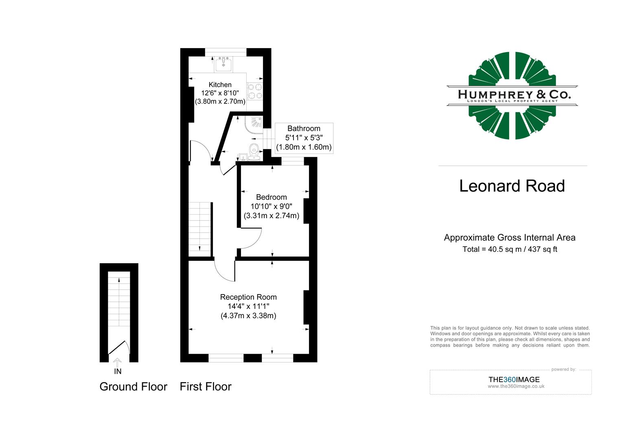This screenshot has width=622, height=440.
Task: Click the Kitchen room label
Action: point(220,85)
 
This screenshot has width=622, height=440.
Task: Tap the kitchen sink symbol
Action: point(223,64)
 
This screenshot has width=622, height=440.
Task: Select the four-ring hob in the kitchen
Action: point(255,91)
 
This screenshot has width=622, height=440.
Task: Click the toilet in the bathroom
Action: point(254,149)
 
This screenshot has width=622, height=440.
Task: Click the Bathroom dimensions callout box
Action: point(304,138)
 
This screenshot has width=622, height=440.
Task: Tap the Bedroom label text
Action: point(271,197)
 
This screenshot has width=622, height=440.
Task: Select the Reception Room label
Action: point(248,297)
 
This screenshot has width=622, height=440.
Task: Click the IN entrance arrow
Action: point(117,362)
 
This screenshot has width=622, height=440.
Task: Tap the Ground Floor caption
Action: point(133,387)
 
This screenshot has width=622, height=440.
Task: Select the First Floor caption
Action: point(206,387)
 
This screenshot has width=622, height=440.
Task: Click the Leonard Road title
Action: point(512,186)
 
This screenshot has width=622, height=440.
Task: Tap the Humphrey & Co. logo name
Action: point(514,95)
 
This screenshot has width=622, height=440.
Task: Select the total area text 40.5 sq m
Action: point(510,249)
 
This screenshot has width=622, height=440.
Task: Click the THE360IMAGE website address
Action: point(516,387)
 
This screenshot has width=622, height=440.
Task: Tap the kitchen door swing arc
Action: point(202,149)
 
